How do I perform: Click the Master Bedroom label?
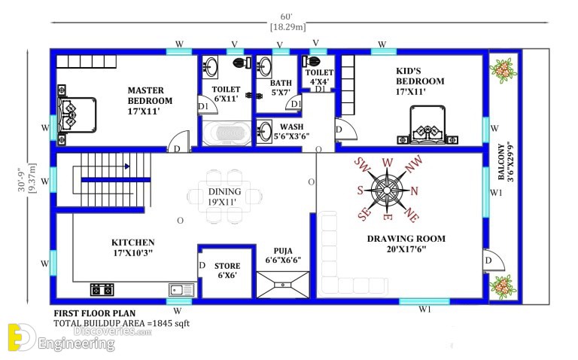click(150, 95)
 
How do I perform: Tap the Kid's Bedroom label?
click(420, 76)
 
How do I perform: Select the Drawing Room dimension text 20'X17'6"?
click(406, 249)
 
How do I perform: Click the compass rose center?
click(387, 190)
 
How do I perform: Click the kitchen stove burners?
click(102, 289)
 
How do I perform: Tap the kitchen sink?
click(181, 290)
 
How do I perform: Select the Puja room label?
click(283, 251)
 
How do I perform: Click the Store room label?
click(227, 266)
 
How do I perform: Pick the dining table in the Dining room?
click(224, 197)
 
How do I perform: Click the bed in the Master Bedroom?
click(77, 114)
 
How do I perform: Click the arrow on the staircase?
click(126, 166)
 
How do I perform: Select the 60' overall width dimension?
click(287, 17)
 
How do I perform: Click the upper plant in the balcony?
click(503, 70)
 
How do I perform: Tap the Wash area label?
click(291, 127)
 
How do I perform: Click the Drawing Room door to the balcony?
click(493, 261)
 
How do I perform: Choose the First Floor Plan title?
click(95, 313)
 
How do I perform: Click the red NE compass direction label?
click(412, 214)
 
